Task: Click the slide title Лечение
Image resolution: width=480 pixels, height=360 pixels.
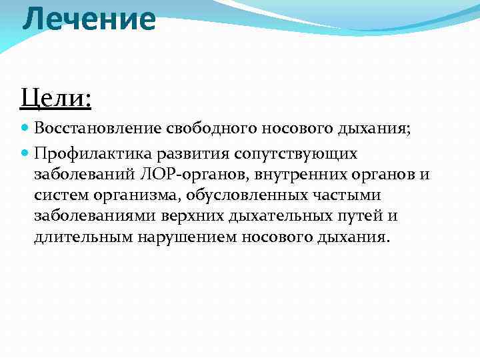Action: pos(89,19)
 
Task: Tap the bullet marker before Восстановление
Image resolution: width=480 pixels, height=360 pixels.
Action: pos(25,127)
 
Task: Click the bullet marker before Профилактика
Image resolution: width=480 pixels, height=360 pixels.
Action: pos(25,154)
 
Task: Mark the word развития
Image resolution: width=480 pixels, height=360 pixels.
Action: pos(191,154)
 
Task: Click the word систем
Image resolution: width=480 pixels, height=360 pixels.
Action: pos(57,196)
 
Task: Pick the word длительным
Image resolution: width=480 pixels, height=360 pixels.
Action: pos(83,238)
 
